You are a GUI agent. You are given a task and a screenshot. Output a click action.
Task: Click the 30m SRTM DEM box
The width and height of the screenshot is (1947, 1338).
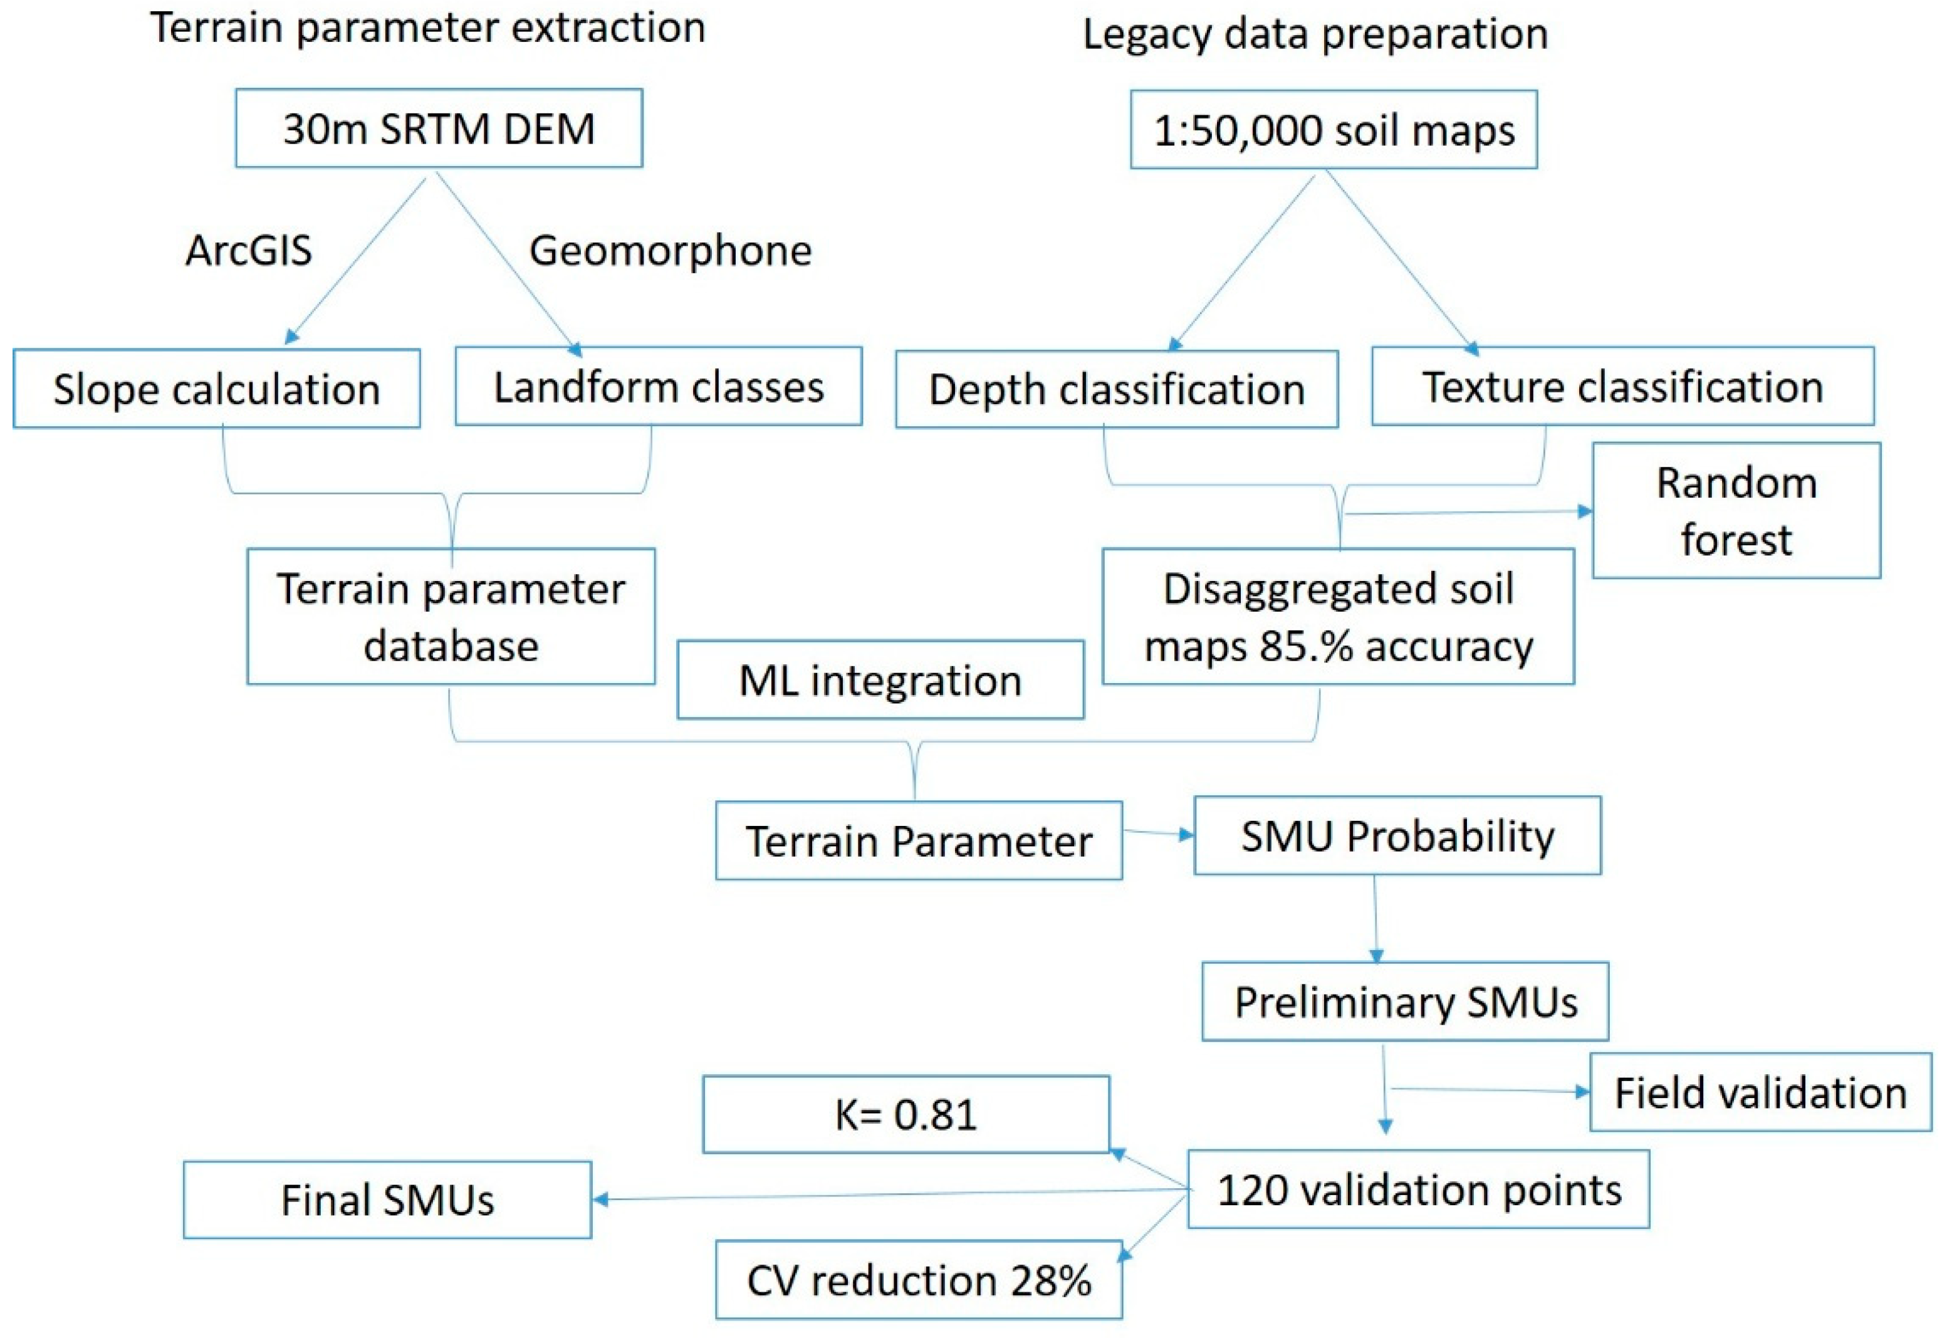tap(439, 128)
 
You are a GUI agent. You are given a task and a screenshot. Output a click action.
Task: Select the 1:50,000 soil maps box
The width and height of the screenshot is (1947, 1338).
tap(1334, 130)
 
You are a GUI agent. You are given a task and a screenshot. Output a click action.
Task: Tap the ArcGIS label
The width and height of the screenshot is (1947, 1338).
tap(248, 250)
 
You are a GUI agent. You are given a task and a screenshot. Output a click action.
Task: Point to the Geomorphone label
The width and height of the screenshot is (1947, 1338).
tap(671, 250)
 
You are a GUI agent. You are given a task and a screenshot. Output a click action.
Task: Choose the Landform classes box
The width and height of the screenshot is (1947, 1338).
tap(658, 387)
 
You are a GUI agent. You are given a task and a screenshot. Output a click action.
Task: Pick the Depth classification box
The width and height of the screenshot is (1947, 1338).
tap(1117, 390)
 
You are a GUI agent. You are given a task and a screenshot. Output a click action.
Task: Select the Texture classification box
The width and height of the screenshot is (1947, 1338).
tap(1622, 387)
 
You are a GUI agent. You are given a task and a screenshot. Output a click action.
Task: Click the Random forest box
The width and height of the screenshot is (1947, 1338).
tap(1736, 511)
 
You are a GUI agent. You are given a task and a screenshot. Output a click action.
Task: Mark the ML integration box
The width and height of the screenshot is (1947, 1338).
tap(880, 680)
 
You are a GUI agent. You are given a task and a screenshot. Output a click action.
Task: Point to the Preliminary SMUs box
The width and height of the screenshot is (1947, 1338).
tap(1405, 1002)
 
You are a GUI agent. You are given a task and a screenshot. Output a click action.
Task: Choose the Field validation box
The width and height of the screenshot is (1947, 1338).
tap(1760, 1093)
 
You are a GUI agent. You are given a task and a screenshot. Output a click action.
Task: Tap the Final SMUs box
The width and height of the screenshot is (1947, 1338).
tap(387, 1199)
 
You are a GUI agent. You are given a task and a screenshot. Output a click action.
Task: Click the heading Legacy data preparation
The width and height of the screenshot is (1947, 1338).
tap(1315, 34)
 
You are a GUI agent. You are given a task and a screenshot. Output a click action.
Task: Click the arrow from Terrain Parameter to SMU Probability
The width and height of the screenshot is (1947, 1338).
tap(1157, 834)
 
